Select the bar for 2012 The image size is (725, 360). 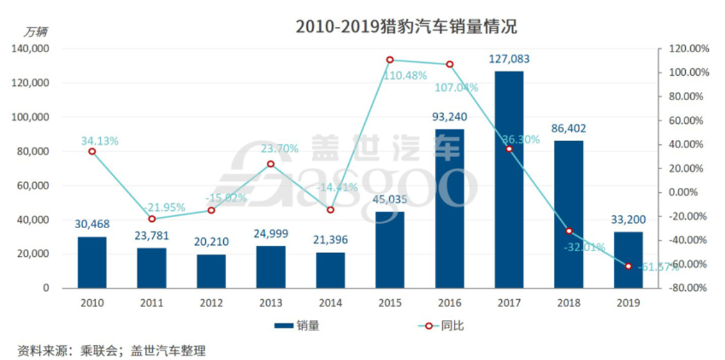click(211, 271)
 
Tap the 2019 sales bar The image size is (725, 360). click(628, 260)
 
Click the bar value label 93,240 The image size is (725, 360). click(450, 117)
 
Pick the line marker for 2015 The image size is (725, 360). click(390, 60)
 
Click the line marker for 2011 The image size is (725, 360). click(152, 219)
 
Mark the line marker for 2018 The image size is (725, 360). click(568, 231)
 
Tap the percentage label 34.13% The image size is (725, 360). click(99, 141)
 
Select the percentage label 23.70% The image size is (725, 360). click(280, 149)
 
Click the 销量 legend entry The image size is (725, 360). click(297, 325)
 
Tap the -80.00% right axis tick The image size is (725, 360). click(688, 288)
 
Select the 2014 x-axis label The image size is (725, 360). click(330, 303)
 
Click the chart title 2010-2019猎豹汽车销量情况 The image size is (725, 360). click(406, 27)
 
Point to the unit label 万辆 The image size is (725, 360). click(35, 31)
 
